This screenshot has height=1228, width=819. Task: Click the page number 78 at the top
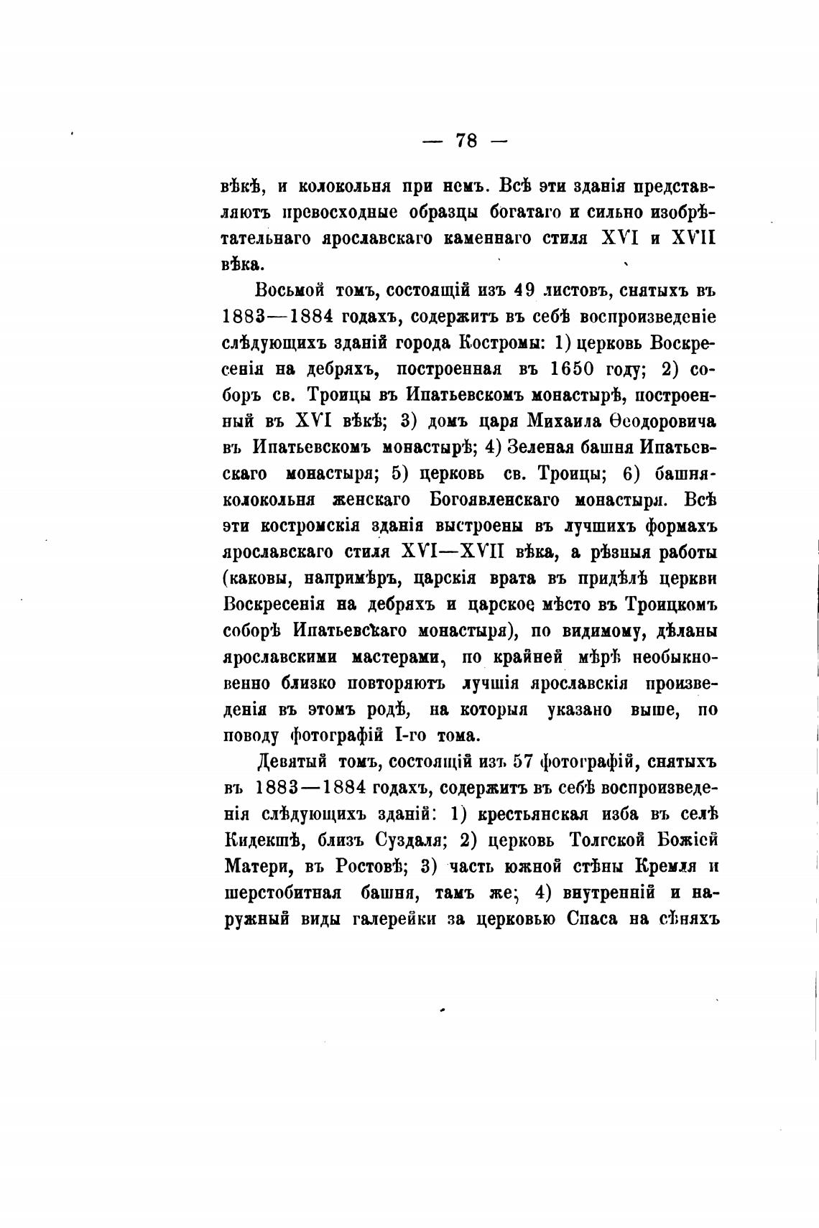pyautogui.click(x=466, y=140)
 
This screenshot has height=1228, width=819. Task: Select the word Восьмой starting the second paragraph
pyautogui.click(x=289, y=291)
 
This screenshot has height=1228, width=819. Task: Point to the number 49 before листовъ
pyautogui.click(x=525, y=291)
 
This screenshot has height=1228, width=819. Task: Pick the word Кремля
pyautogui.click(x=667, y=866)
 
